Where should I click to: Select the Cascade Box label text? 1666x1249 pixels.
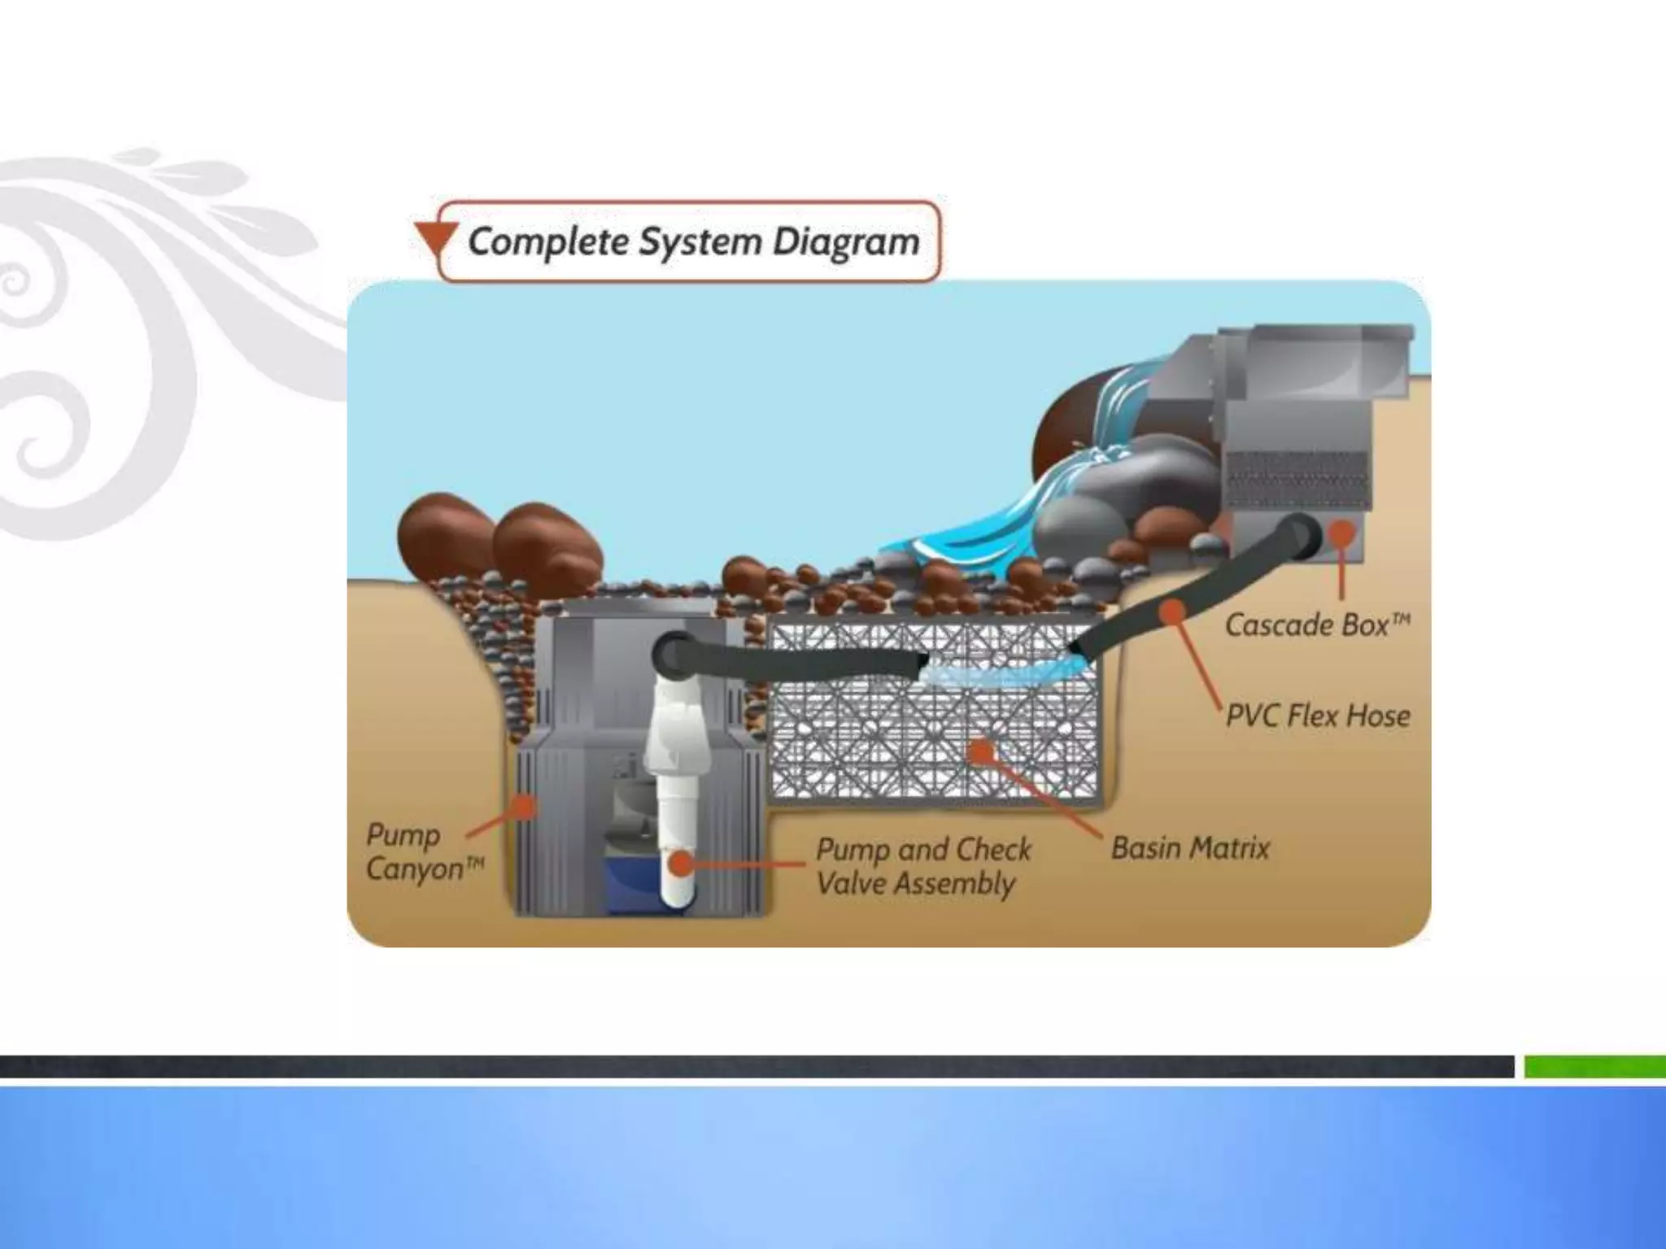click(1316, 624)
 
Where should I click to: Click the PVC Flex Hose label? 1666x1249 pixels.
click(1318, 716)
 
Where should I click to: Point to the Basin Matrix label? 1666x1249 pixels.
click(1190, 848)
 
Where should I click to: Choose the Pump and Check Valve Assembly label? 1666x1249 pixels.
click(922, 866)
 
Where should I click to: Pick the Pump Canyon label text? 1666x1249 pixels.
click(424, 851)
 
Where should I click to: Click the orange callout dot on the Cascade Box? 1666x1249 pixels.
click(1341, 534)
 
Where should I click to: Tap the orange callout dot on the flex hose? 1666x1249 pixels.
click(1171, 611)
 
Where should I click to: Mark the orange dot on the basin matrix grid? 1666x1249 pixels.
click(982, 751)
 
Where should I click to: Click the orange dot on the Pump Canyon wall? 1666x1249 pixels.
click(525, 806)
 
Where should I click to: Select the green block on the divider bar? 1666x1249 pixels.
click(1594, 1066)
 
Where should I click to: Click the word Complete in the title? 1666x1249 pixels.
click(547, 242)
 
